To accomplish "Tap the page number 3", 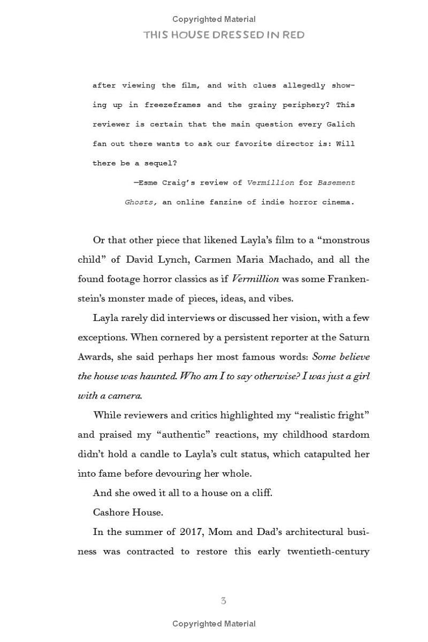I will [223, 601].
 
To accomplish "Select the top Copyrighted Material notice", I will [214, 19].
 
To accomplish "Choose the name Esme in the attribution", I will [147, 183].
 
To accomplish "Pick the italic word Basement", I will [336, 183].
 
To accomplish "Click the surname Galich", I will [340, 124].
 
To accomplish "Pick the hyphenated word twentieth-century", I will [328, 552].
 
